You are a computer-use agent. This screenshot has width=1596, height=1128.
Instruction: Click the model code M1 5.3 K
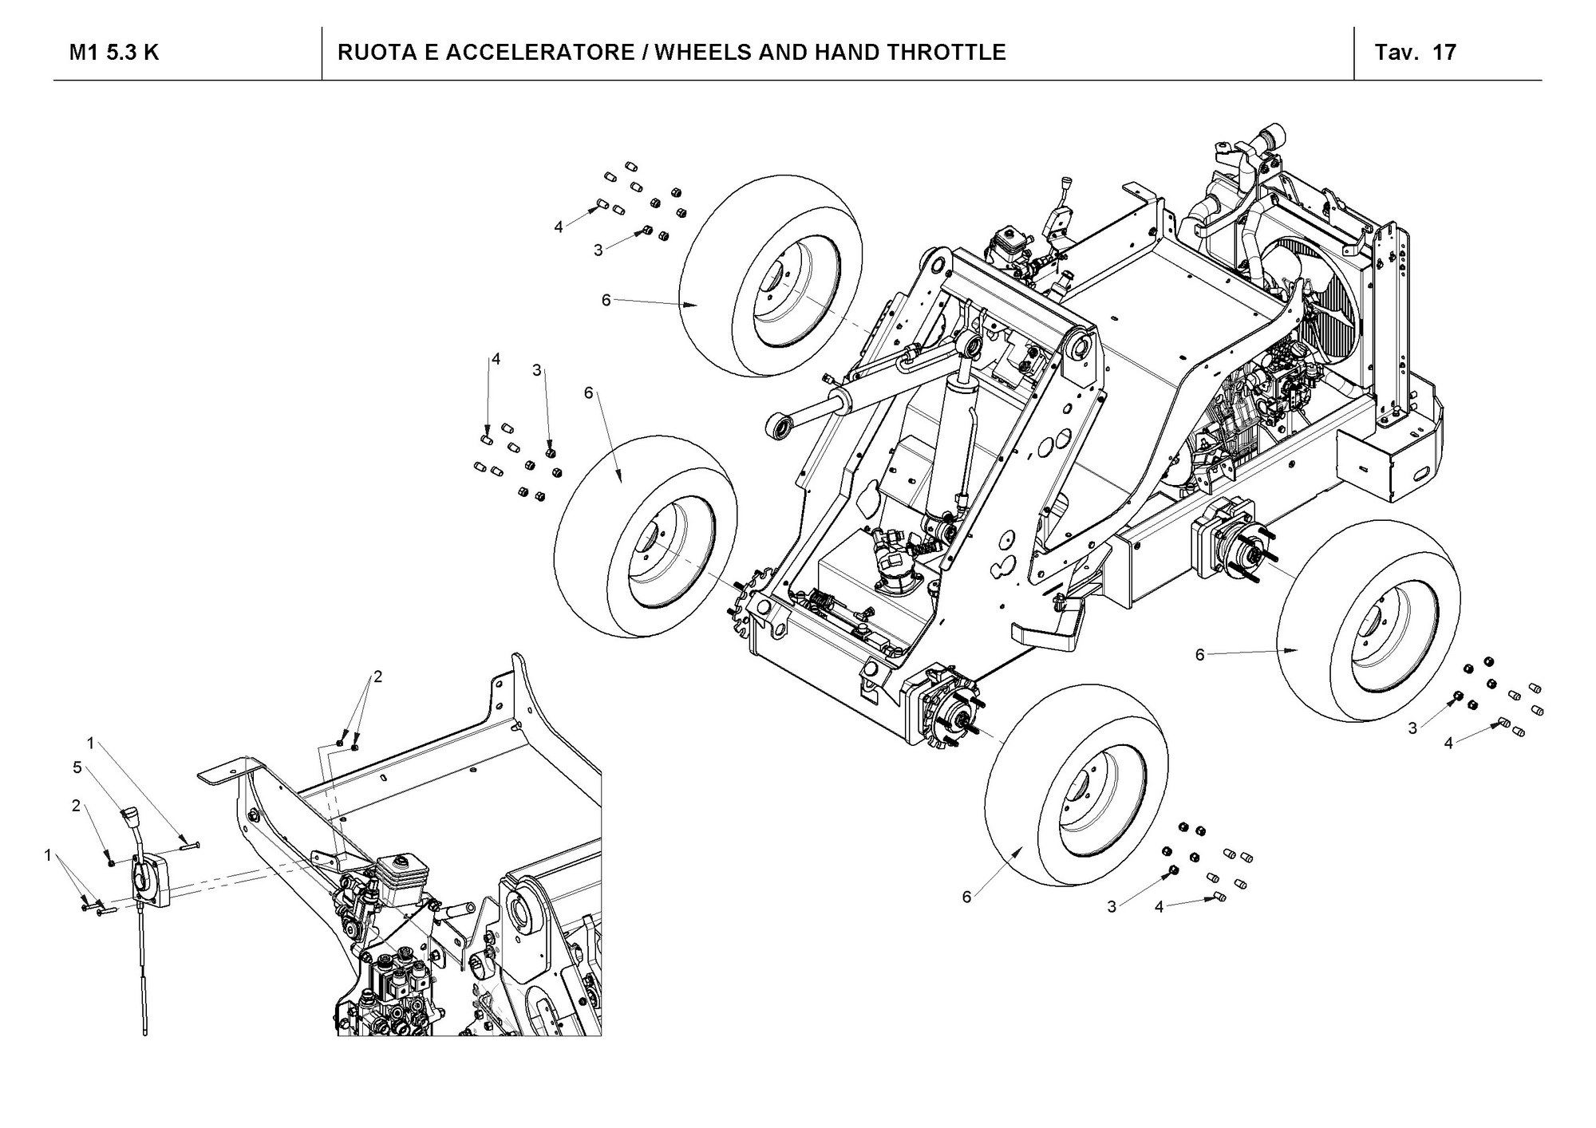[x=113, y=53]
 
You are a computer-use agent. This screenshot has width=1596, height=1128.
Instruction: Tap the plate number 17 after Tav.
[x=1444, y=53]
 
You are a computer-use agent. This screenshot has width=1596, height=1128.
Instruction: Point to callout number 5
[x=77, y=767]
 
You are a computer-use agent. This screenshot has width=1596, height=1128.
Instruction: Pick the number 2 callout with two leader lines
[x=378, y=677]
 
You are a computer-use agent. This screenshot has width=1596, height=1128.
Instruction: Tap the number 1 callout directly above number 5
[x=91, y=743]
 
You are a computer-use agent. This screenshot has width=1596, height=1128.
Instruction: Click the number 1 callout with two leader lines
[x=48, y=855]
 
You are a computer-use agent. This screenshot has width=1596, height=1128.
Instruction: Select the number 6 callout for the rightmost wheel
[x=1200, y=655]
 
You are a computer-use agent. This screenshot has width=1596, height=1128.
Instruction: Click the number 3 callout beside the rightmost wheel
[x=1412, y=728]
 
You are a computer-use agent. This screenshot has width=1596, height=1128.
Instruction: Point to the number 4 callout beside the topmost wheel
[x=559, y=227]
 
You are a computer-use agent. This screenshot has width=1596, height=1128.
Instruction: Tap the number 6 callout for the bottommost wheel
[x=967, y=897]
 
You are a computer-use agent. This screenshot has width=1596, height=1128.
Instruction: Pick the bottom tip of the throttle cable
[x=145, y=1032]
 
